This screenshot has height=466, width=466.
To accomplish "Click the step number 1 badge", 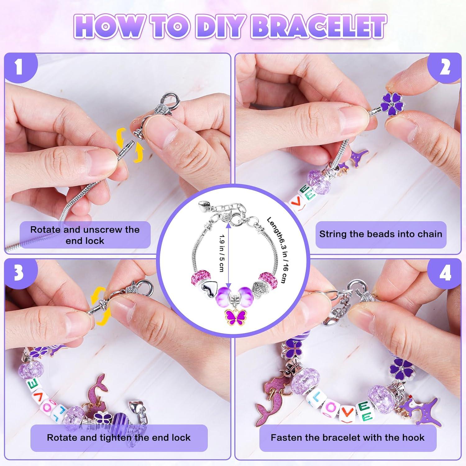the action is (19, 67).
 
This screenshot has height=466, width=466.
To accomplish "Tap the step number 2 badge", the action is (445, 67).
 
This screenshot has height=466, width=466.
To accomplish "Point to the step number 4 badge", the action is (445, 273).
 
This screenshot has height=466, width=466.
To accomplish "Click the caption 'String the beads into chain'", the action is (381, 234).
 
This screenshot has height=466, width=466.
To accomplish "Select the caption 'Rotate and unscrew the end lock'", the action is (85, 235).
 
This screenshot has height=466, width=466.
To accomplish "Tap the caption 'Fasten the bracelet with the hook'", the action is (348, 438).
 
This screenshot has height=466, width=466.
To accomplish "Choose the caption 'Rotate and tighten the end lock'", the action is (119, 438).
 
